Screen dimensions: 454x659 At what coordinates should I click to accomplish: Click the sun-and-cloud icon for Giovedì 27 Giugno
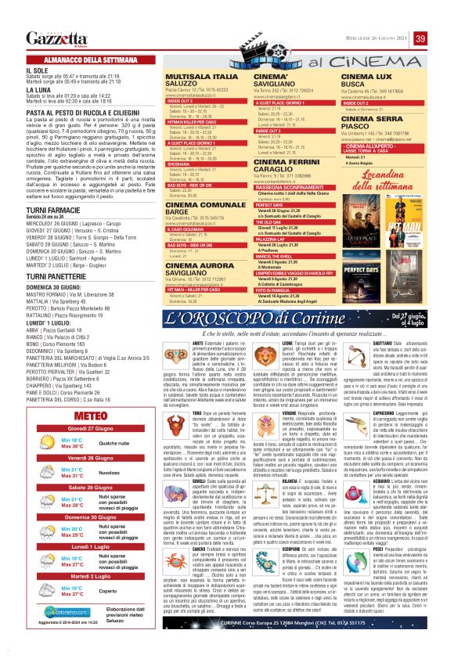pos(48,443)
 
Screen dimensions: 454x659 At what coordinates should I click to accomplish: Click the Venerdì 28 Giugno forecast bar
pos(87,456)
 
